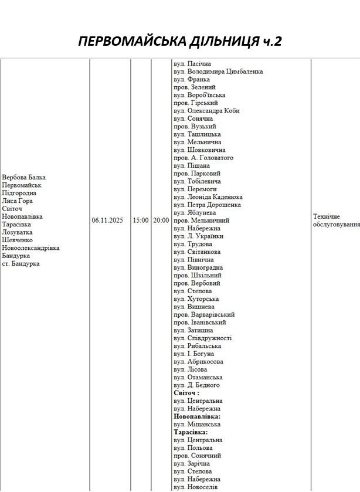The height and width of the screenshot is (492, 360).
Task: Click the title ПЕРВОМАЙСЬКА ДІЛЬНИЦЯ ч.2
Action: click(180, 42)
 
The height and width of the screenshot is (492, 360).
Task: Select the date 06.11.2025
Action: click(107, 220)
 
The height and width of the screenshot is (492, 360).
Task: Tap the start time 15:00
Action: click(140, 220)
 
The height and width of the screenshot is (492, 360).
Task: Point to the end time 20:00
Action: click(161, 220)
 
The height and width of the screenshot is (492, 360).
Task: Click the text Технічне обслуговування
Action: click(336, 220)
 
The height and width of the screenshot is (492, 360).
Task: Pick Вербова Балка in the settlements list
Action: click(23, 177)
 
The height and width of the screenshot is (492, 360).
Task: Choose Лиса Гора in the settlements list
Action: click(18, 201)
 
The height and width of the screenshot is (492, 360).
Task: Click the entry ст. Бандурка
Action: click(21, 263)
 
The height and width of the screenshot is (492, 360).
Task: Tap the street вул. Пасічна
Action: click(192, 63)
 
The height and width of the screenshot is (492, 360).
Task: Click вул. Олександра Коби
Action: click(206, 111)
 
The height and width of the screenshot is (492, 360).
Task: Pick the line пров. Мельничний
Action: click(202, 220)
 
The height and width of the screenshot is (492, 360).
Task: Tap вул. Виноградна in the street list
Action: click(198, 267)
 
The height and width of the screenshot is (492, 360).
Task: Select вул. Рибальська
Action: click(198, 346)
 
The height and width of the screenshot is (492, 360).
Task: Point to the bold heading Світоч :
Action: click(186, 393)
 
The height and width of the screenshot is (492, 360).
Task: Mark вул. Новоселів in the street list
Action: click(196, 487)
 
